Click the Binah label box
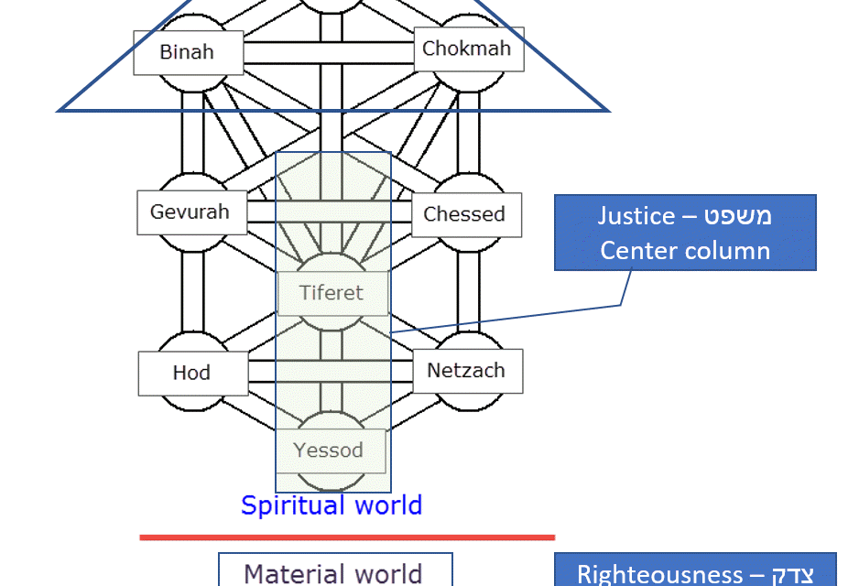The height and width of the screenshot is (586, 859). tap(188, 52)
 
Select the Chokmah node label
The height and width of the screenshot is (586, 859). tap(467, 49)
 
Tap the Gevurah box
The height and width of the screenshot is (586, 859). tap(190, 213)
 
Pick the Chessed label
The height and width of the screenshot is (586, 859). tap(464, 215)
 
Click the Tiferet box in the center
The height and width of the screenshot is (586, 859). tap(332, 293)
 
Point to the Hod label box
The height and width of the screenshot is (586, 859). tap(192, 373)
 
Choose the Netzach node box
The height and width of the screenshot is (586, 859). tap(466, 371)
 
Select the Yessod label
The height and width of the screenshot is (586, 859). tap(330, 450)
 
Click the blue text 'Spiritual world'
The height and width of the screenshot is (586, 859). tap(332, 505)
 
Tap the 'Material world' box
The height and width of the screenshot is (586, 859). tap(334, 571)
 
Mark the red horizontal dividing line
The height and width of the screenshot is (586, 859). tap(347, 537)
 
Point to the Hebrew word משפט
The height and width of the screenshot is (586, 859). tap(737, 216)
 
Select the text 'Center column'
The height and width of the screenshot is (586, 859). tap(685, 250)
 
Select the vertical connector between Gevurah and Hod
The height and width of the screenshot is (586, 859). tap(191, 293)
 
